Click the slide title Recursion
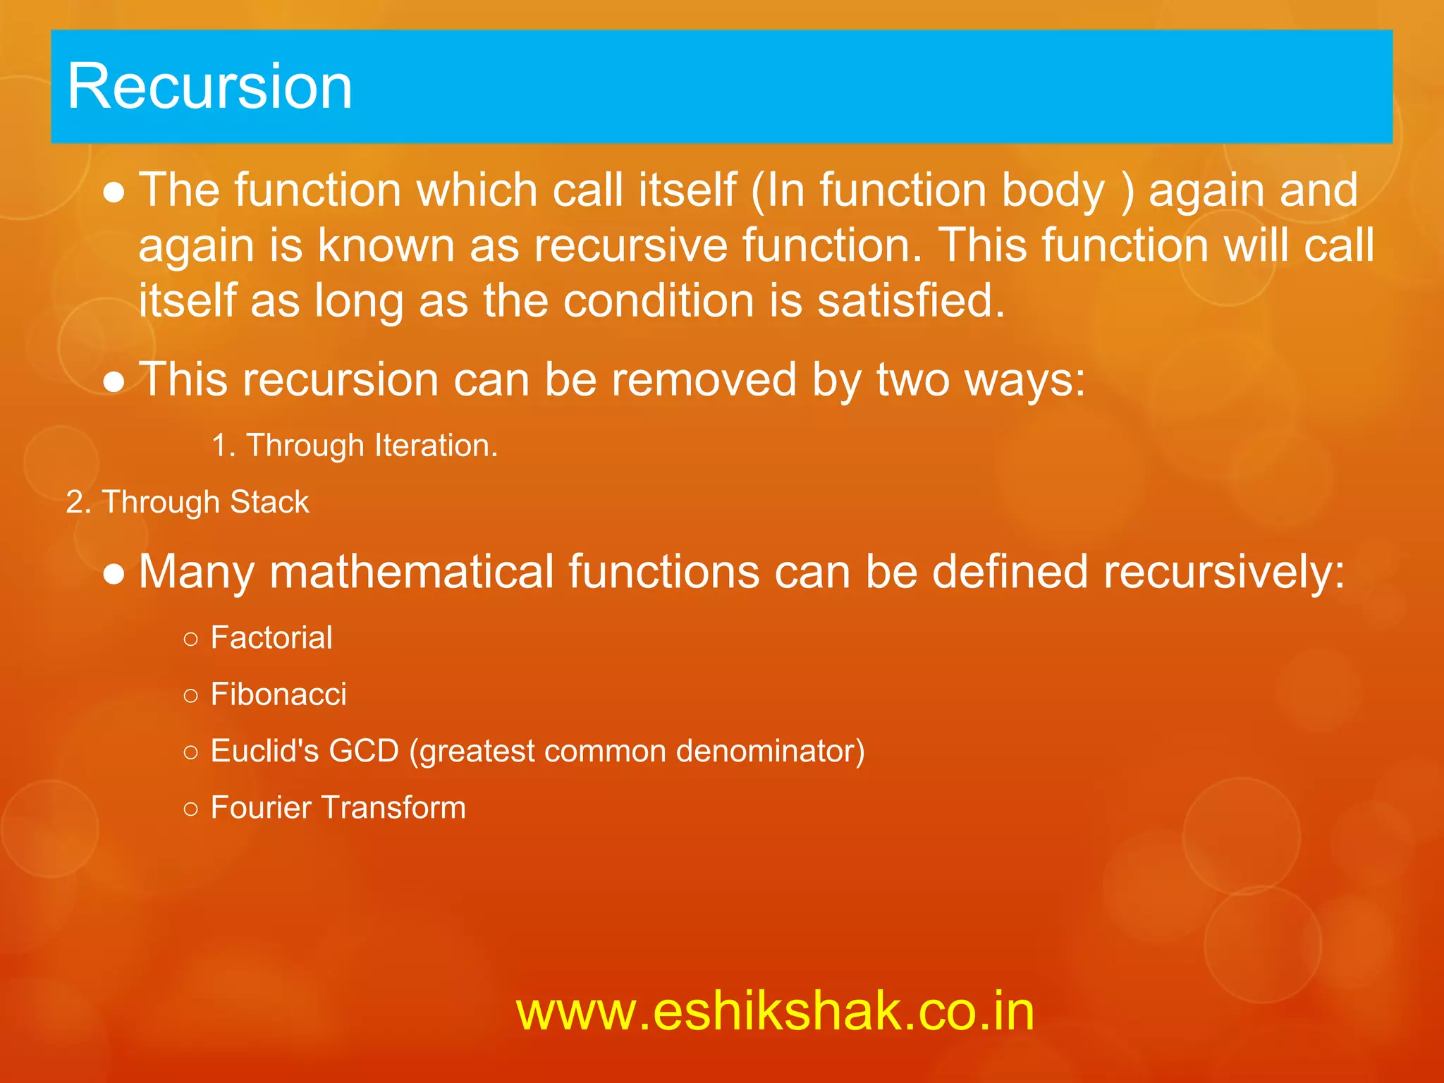pos(209,86)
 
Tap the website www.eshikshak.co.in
pos(775,1011)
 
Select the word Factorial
pos(271,638)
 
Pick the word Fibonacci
pos(279,695)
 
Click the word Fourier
pos(261,807)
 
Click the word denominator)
pos(770,751)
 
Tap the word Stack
pos(269,502)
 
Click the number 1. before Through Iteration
pos(224,446)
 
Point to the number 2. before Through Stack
pos(78,502)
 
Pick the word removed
pos(704,380)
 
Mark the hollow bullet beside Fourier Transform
pos(190,809)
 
